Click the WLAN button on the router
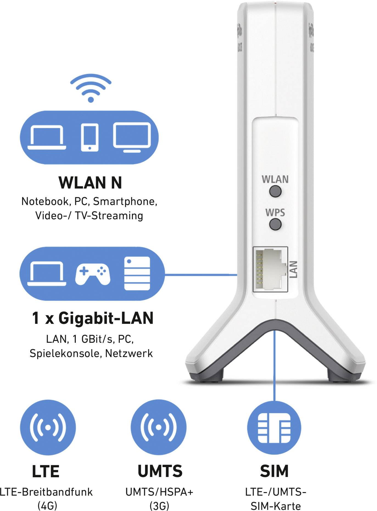pyautogui.click(x=275, y=191)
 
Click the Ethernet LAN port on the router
pyautogui.click(x=270, y=269)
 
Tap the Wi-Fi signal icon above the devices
pyautogui.click(x=91, y=88)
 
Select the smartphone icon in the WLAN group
pyautogui.click(x=90, y=137)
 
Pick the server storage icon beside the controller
pyautogui.click(x=137, y=273)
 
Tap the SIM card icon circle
pyautogui.click(x=274, y=428)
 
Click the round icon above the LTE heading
pyautogui.click(x=48, y=427)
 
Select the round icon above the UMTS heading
pyautogui.click(x=158, y=427)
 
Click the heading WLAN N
pyautogui.click(x=90, y=183)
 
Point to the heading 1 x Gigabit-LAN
pyautogui.click(x=93, y=318)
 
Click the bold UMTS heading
pyautogui.click(x=160, y=471)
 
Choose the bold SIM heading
pyautogui.click(x=274, y=471)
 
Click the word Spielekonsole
pyautogui.click(x=66, y=353)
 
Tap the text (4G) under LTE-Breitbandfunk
pyautogui.click(x=47, y=505)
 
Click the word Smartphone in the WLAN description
pyautogui.click(x=125, y=202)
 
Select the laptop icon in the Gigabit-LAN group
pyautogui.click(x=47, y=274)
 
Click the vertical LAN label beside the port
pyautogui.click(x=293, y=269)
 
